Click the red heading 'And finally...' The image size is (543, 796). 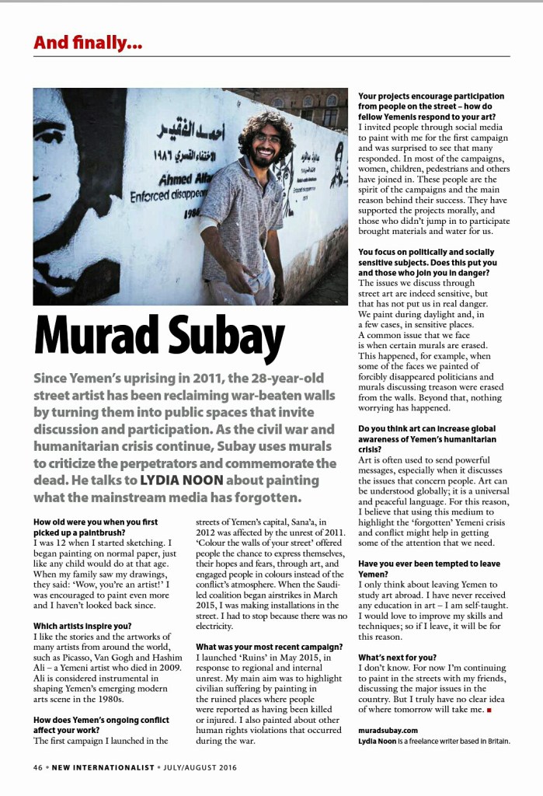(x=88, y=43)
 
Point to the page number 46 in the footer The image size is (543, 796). (x=37, y=767)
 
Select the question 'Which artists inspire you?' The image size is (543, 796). (x=82, y=626)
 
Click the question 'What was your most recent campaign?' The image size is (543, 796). (x=269, y=647)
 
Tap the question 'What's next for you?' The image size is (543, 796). (x=397, y=658)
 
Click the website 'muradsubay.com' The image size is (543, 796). (x=388, y=730)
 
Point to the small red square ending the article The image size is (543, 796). (x=489, y=710)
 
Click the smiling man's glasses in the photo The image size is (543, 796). (x=267, y=138)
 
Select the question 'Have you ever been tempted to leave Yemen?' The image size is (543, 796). (x=429, y=568)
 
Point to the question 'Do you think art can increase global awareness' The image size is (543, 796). (x=426, y=434)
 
